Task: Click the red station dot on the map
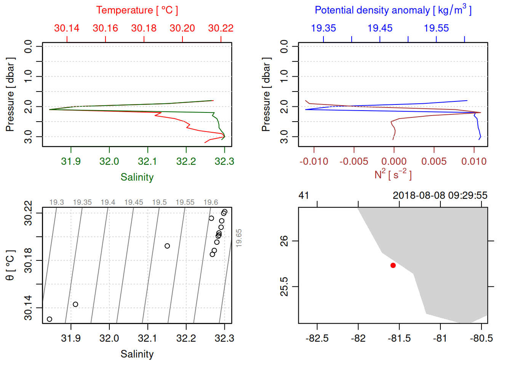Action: tap(393, 265)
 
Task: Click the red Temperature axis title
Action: tap(137, 10)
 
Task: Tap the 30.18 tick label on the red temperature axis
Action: tap(144, 28)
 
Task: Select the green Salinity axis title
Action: tap(137, 177)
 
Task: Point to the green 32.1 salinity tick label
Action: tap(147, 162)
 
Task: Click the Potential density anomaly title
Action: tap(393, 10)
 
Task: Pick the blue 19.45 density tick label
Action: tap(380, 28)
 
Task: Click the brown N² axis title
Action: tap(393, 175)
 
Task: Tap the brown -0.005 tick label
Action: tap(354, 162)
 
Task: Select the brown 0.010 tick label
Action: tap(474, 162)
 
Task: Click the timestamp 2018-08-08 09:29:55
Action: tap(440, 196)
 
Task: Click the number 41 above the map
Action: tap(304, 196)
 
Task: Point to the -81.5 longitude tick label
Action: tap(399, 339)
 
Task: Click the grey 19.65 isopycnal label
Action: tap(239, 238)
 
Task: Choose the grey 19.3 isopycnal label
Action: tap(57, 202)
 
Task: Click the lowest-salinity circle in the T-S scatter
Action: tap(50, 319)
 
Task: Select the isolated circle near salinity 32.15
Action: tap(167, 246)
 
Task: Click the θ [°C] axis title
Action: tap(10, 265)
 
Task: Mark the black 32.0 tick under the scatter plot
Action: tap(109, 339)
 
